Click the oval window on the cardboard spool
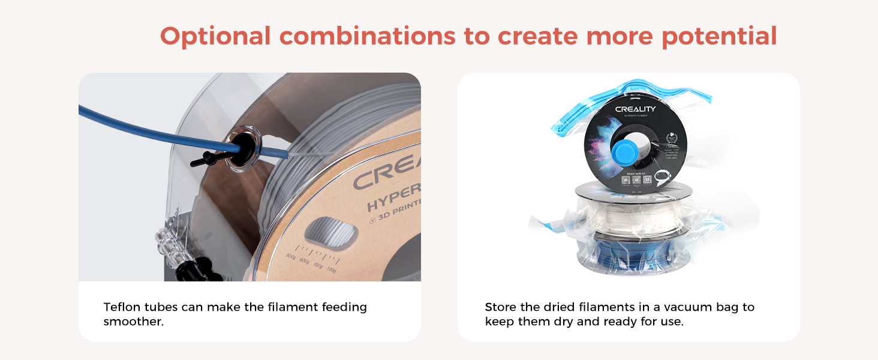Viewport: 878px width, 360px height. point(327,230)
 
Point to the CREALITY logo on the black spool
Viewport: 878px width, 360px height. point(635,109)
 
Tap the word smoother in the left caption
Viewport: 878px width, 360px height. point(133,322)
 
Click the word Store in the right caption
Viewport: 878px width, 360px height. point(500,307)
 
